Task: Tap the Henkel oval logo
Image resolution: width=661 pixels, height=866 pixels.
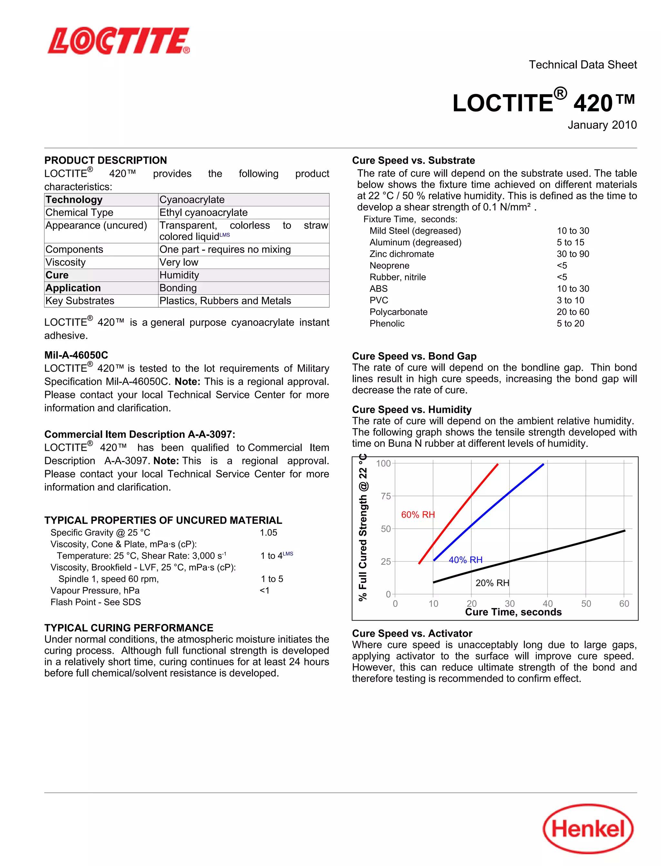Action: click(588, 829)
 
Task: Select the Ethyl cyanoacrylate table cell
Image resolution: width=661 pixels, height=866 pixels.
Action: click(203, 212)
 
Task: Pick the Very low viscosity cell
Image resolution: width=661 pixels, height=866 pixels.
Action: click(179, 262)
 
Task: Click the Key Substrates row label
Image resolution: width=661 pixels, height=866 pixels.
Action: click(80, 301)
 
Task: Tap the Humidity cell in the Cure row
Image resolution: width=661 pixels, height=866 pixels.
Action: click(179, 275)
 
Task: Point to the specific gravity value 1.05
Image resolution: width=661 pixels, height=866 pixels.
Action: click(268, 532)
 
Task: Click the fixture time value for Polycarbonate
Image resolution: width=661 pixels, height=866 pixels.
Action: click(573, 312)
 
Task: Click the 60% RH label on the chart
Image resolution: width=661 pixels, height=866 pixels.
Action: click(418, 514)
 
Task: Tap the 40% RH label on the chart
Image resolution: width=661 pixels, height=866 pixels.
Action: click(465, 560)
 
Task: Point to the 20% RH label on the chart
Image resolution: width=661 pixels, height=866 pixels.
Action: click(492, 583)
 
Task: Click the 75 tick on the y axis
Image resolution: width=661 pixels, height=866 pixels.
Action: click(386, 496)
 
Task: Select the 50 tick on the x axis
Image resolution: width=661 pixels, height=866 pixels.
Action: click(586, 604)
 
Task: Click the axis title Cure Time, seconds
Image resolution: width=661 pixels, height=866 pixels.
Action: click(513, 612)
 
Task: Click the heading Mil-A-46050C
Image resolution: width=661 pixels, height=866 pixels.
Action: click(76, 355)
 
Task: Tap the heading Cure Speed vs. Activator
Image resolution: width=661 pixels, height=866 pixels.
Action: click(412, 634)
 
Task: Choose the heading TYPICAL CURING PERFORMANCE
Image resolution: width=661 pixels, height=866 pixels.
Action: click(129, 628)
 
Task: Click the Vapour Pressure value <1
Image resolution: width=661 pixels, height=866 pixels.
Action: click(264, 591)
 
